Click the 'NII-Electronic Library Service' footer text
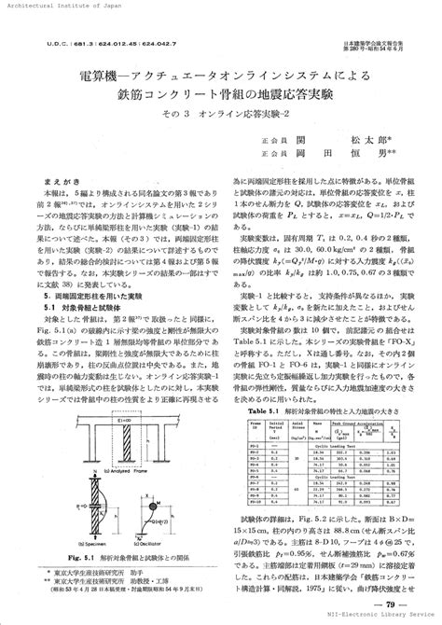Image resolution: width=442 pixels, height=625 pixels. pyautogui.click(x=377, y=619)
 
